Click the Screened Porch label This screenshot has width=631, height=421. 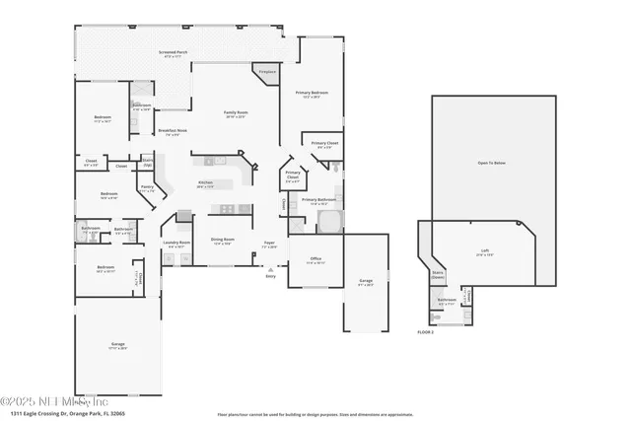click(173, 53)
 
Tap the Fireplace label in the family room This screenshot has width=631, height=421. click(266, 72)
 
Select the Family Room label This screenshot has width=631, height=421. click(236, 113)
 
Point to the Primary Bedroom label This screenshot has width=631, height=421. click(312, 94)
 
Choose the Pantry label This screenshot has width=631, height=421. click(147, 187)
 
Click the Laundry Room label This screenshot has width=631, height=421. click(176, 244)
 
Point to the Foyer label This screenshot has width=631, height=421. click(268, 243)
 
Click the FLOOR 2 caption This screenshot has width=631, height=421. click(425, 332)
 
